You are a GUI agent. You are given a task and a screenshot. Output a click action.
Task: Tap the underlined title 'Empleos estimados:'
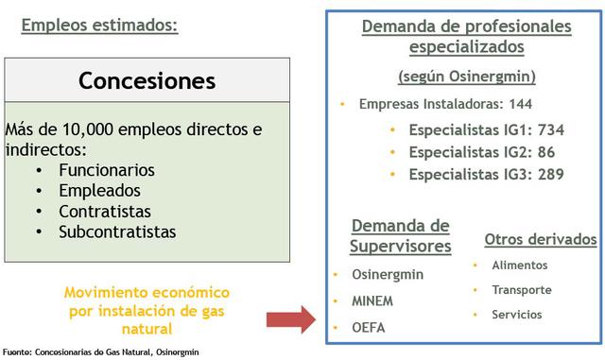pos(98,26)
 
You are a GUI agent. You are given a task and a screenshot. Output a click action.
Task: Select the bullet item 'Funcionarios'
pos(106,170)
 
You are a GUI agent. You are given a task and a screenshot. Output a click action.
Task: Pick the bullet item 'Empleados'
pos(99,191)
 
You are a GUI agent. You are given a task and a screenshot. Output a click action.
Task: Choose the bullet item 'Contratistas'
pos(105,211)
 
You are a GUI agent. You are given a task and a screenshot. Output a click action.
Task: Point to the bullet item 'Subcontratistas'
pos(116,231)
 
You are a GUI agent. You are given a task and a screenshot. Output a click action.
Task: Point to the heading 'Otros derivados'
pos(541,239)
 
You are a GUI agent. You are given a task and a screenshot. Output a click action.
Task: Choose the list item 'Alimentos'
pos(520,266)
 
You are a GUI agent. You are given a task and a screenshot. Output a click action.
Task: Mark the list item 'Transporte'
pos(522,290)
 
